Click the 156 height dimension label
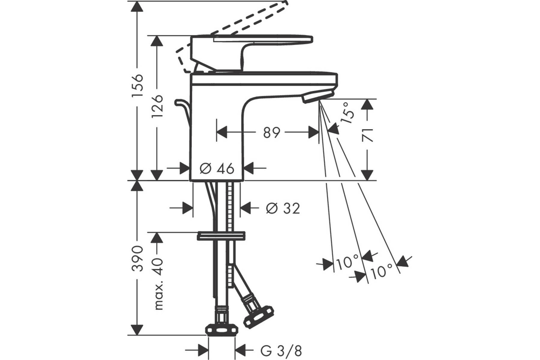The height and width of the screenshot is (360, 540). click(137, 85)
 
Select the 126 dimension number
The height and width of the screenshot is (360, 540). click(157, 106)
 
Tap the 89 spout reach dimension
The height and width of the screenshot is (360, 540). click(272, 132)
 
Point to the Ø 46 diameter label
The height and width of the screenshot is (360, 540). click(217, 168)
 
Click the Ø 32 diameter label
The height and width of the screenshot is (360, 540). click(283, 208)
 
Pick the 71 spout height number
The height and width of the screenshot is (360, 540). click(367, 135)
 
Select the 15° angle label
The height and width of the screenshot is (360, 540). click(348, 113)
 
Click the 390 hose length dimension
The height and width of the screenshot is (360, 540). click(137, 258)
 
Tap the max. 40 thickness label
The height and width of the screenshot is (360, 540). click(158, 284)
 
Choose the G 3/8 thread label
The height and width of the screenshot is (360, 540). click(281, 351)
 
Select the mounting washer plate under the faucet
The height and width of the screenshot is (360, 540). click(221, 236)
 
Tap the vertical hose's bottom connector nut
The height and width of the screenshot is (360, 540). click(221, 329)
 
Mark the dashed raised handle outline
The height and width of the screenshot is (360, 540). click(232, 36)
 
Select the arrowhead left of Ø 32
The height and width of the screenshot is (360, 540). click(188, 208)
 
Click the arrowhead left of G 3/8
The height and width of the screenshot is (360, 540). click(203, 351)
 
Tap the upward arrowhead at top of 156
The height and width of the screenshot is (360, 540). click(137, 6)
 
